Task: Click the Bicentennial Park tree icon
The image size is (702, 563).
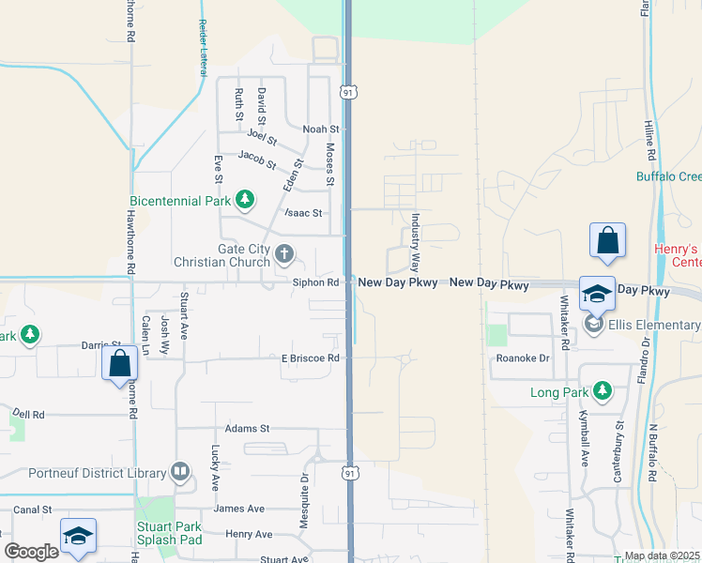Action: click(245, 199)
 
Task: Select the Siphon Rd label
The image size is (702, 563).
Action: click(315, 281)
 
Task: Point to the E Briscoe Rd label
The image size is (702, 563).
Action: click(309, 358)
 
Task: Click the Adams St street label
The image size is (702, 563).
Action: click(248, 428)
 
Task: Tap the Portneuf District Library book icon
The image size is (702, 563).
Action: click(181, 472)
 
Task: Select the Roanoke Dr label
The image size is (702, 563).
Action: click(523, 358)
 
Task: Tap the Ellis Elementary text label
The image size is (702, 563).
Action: click(655, 325)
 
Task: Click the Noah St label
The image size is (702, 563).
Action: click(319, 129)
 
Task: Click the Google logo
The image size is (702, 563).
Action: click(31, 552)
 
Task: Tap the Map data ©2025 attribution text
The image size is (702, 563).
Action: click(662, 555)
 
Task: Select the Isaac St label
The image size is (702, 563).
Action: click(305, 213)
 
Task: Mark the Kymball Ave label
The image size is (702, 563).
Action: click(583, 448)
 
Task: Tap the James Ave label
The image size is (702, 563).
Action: click(239, 509)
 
